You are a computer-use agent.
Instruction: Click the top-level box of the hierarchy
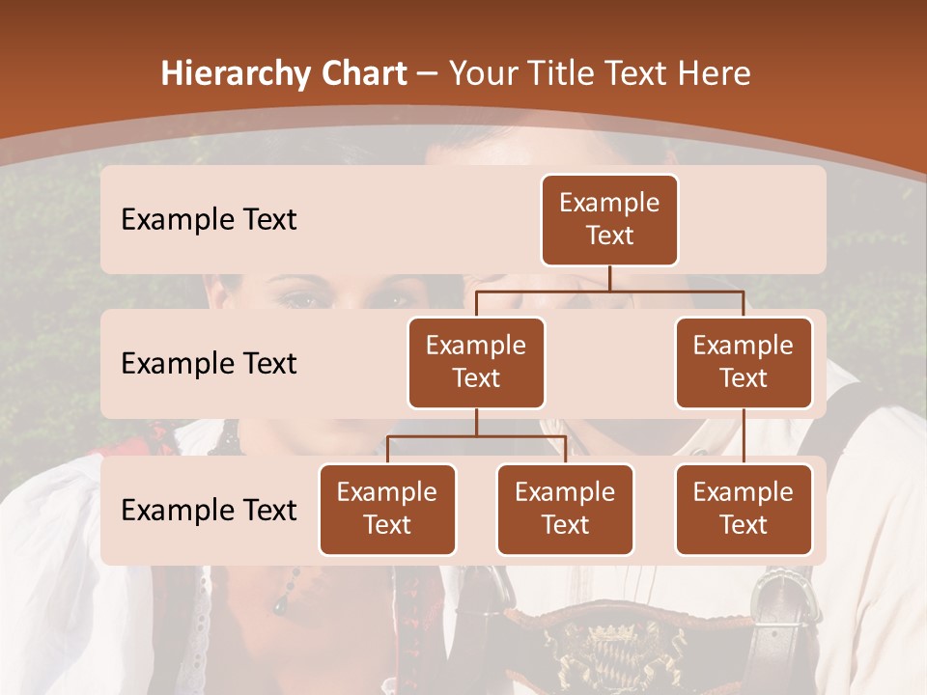point(609,219)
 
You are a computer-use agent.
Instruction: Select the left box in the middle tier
point(476,362)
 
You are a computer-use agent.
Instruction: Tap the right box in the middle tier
point(744,362)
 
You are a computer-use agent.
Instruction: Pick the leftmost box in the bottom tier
point(387,509)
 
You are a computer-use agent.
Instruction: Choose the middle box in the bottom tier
point(565,509)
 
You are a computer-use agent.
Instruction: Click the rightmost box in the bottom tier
point(744,509)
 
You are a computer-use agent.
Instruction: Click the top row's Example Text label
point(209,219)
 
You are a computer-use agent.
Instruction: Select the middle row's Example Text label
point(209,363)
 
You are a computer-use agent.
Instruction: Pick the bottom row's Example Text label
point(209,510)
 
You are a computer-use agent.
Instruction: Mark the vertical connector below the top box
point(609,278)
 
